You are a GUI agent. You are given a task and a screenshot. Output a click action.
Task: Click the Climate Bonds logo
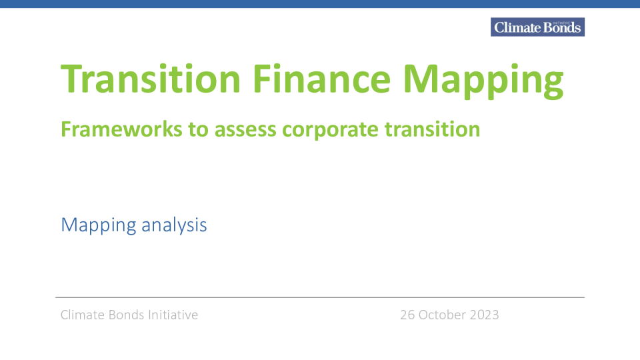coord(537,27)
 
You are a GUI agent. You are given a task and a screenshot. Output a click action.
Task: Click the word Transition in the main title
coord(151,79)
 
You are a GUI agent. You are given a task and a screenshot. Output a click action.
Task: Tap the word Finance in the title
coord(321,79)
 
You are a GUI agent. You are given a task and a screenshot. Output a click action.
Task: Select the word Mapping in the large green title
coord(483,81)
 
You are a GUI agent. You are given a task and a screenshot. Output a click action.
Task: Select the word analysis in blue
coord(174,225)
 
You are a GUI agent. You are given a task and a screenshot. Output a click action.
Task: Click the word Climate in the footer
coord(83,315)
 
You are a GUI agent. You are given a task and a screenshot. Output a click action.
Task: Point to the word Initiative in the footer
coord(173,315)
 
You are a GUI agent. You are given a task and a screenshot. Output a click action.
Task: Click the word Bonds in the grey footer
coord(126,315)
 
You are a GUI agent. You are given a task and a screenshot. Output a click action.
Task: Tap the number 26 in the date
coord(407,315)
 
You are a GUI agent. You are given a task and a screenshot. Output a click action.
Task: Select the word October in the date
coord(443,315)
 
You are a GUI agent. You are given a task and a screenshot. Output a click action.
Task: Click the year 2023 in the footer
coord(485,315)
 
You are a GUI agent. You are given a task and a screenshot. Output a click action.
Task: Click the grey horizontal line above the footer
coord(320,297)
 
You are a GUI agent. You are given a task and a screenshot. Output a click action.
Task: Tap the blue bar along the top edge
coord(320,4)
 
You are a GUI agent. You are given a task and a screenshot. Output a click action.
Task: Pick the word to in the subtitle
coord(199,130)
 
